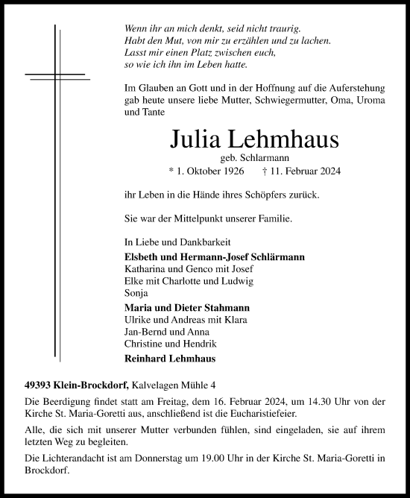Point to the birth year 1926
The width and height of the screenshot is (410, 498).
click(x=231, y=171)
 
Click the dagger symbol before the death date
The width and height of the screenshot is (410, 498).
click(x=266, y=171)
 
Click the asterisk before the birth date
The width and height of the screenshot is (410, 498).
click(x=172, y=171)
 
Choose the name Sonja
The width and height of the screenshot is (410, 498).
click(x=135, y=292)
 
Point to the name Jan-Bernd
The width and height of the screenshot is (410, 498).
click(x=142, y=331)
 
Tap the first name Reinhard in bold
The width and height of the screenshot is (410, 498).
click(x=145, y=358)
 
